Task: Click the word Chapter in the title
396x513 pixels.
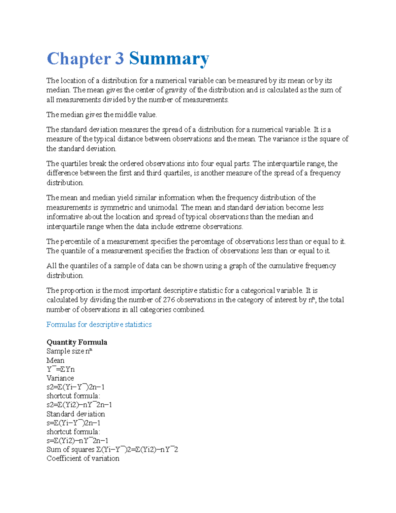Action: point(79,59)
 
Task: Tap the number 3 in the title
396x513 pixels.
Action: point(119,59)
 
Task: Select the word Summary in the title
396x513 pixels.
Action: point(169,59)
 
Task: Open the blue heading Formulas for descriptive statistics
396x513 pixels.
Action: point(99,324)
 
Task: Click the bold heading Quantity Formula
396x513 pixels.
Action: point(77,342)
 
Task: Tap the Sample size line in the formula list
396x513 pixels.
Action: point(69,351)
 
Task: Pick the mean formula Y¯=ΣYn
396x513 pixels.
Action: point(61,369)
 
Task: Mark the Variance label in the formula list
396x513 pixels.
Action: point(60,378)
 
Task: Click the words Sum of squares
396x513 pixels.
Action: point(70,450)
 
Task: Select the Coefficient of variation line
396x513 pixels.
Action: point(83,458)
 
